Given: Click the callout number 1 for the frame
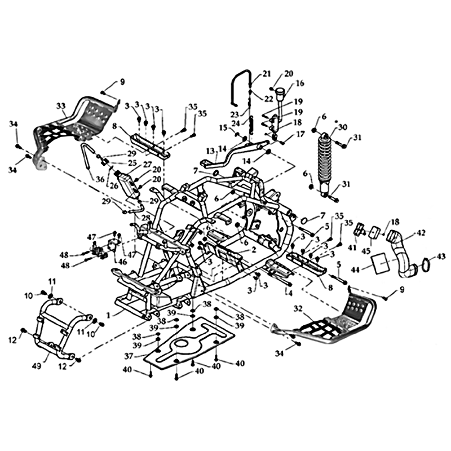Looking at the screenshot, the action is (x=108, y=315).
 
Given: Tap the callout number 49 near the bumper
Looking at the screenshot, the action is (x=37, y=366).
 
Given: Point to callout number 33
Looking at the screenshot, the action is (x=61, y=107).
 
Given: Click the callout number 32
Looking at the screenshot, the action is (x=298, y=309).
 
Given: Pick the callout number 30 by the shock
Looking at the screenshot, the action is (x=343, y=127).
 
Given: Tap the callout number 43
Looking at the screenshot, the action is (x=441, y=256).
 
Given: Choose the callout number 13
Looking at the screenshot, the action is (x=211, y=151).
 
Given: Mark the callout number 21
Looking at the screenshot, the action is (x=266, y=74).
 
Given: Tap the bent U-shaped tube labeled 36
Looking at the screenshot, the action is (x=87, y=157).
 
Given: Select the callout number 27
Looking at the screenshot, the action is (x=147, y=165).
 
